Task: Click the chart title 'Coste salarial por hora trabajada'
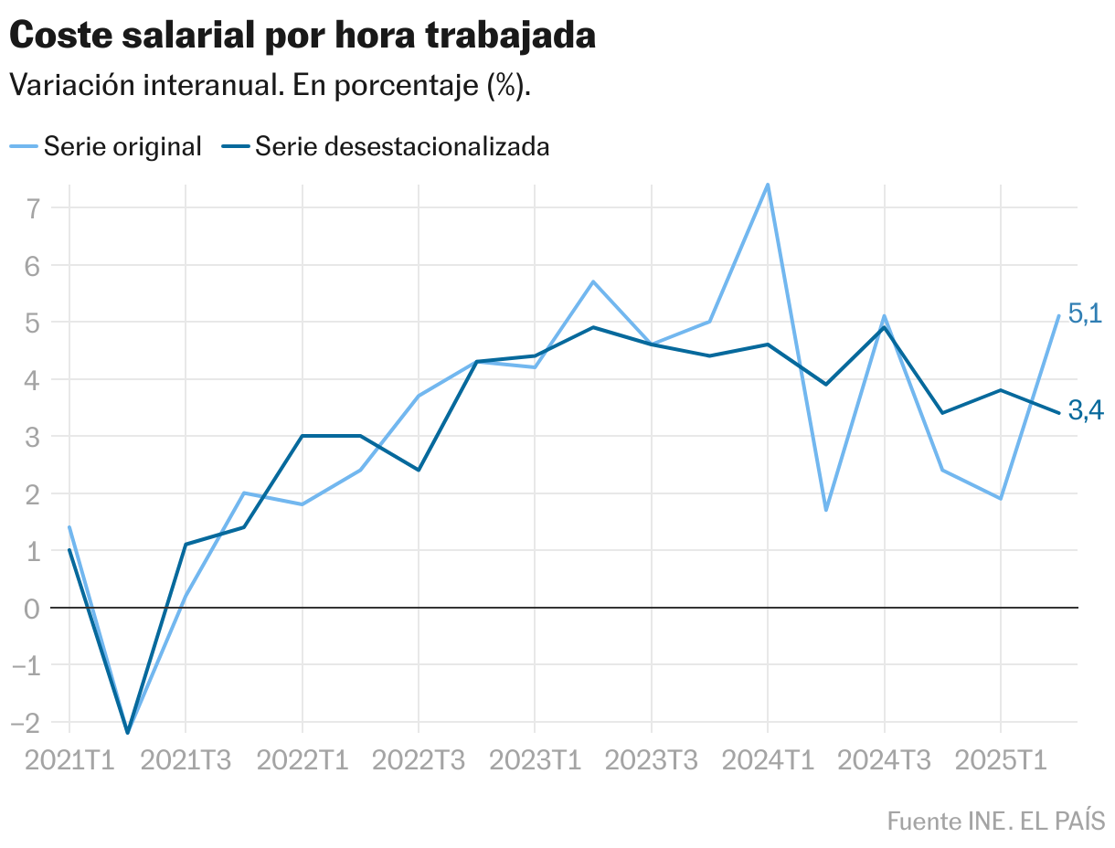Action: coord(303,36)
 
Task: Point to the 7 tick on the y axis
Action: coord(33,208)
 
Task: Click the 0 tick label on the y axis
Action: coord(33,608)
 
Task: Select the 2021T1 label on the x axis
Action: coord(69,761)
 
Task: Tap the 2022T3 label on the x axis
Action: coord(419,761)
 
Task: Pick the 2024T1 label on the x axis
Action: coord(768,761)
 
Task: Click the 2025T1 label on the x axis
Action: coord(1001,761)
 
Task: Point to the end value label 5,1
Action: coord(1085,314)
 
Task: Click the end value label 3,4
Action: coord(1085,412)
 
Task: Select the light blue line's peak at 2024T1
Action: coord(768,185)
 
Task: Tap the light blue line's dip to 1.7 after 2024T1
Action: coord(826,510)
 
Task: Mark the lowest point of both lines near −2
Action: coord(128,732)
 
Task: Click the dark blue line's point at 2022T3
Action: coord(419,470)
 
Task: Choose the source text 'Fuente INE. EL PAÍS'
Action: coord(995,820)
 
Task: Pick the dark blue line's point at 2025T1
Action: coord(1001,390)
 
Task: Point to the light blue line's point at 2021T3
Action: coord(186,596)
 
